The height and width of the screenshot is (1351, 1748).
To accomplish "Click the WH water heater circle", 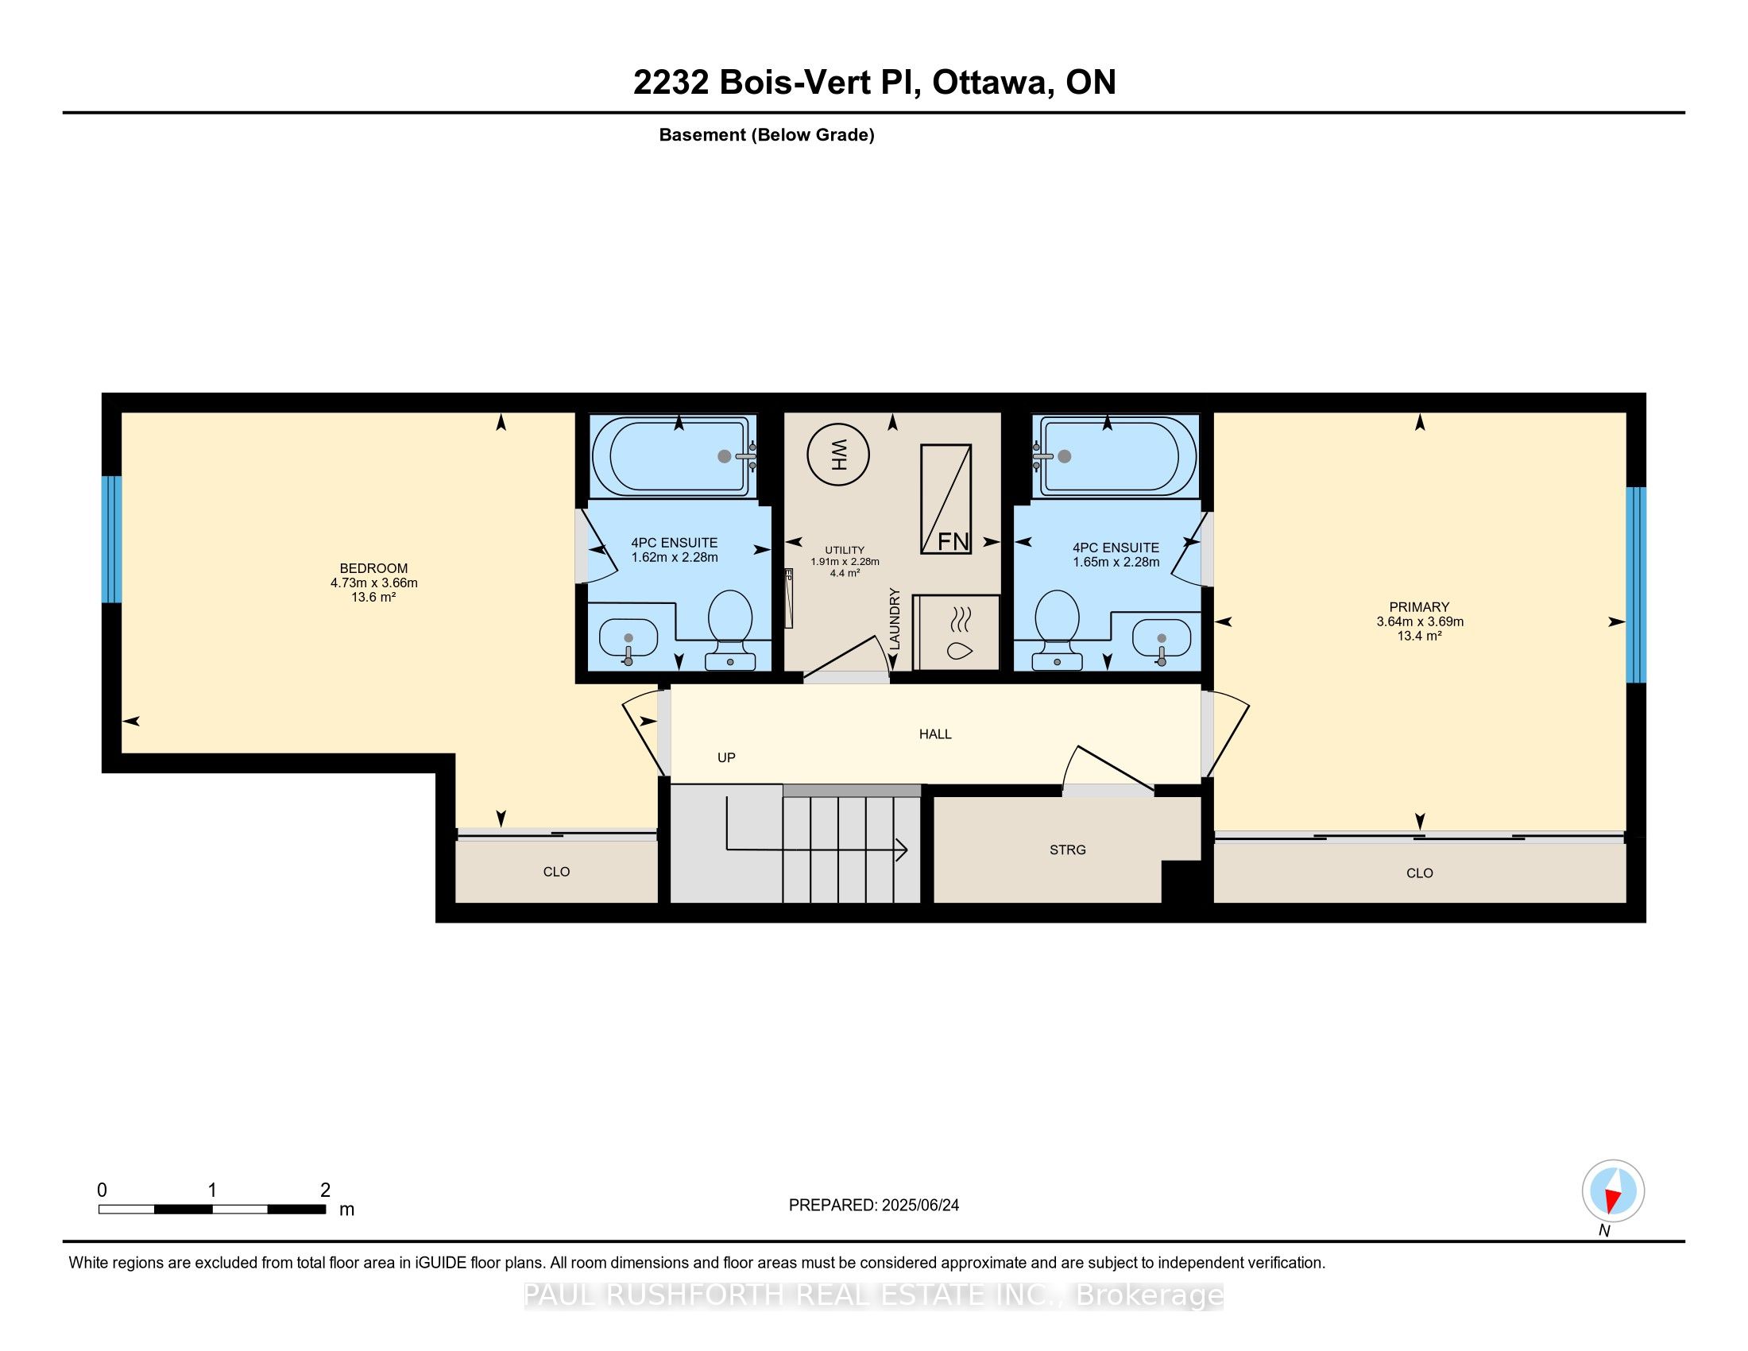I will (838, 455).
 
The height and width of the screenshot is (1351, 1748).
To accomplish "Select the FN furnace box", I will (946, 498).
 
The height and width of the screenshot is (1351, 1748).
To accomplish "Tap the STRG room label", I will (1068, 850).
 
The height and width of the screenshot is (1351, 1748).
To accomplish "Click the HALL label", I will (935, 734).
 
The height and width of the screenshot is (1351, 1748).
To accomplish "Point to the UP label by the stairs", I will (726, 757).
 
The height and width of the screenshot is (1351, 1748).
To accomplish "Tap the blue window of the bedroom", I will (111, 540).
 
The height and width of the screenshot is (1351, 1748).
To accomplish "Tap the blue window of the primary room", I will (1636, 584).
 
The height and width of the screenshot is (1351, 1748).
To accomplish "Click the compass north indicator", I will (1614, 1191).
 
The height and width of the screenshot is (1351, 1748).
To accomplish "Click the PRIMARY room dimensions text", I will (1420, 622).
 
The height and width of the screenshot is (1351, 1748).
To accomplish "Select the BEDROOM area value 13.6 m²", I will (373, 597).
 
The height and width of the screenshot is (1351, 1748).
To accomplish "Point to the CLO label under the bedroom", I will (556, 872).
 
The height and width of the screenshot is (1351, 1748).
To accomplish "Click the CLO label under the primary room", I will (1419, 873).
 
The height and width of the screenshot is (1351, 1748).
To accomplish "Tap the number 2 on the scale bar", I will (325, 1190).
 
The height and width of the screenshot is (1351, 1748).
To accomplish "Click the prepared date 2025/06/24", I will (919, 1206).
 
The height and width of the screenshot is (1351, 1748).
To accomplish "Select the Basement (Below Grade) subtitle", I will (766, 135).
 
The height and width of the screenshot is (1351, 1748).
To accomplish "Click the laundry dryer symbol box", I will (957, 633).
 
